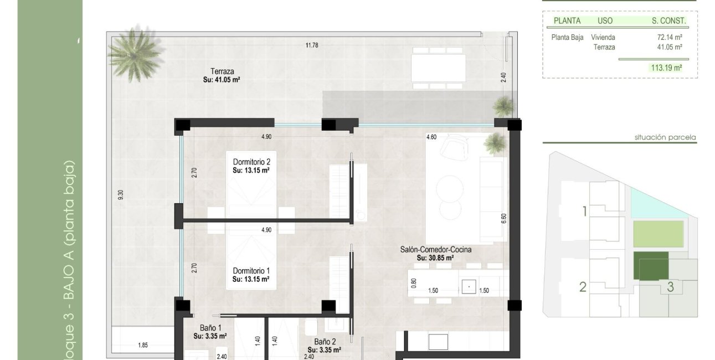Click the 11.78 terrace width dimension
(x=312, y=45)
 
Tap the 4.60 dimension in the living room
(x=432, y=137)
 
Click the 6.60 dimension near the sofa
(x=503, y=218)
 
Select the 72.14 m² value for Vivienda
(x=669, y=38)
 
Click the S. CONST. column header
(x=669, y=21)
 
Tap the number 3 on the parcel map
(x=670, y=287)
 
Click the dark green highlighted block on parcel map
(x=651, y=266)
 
